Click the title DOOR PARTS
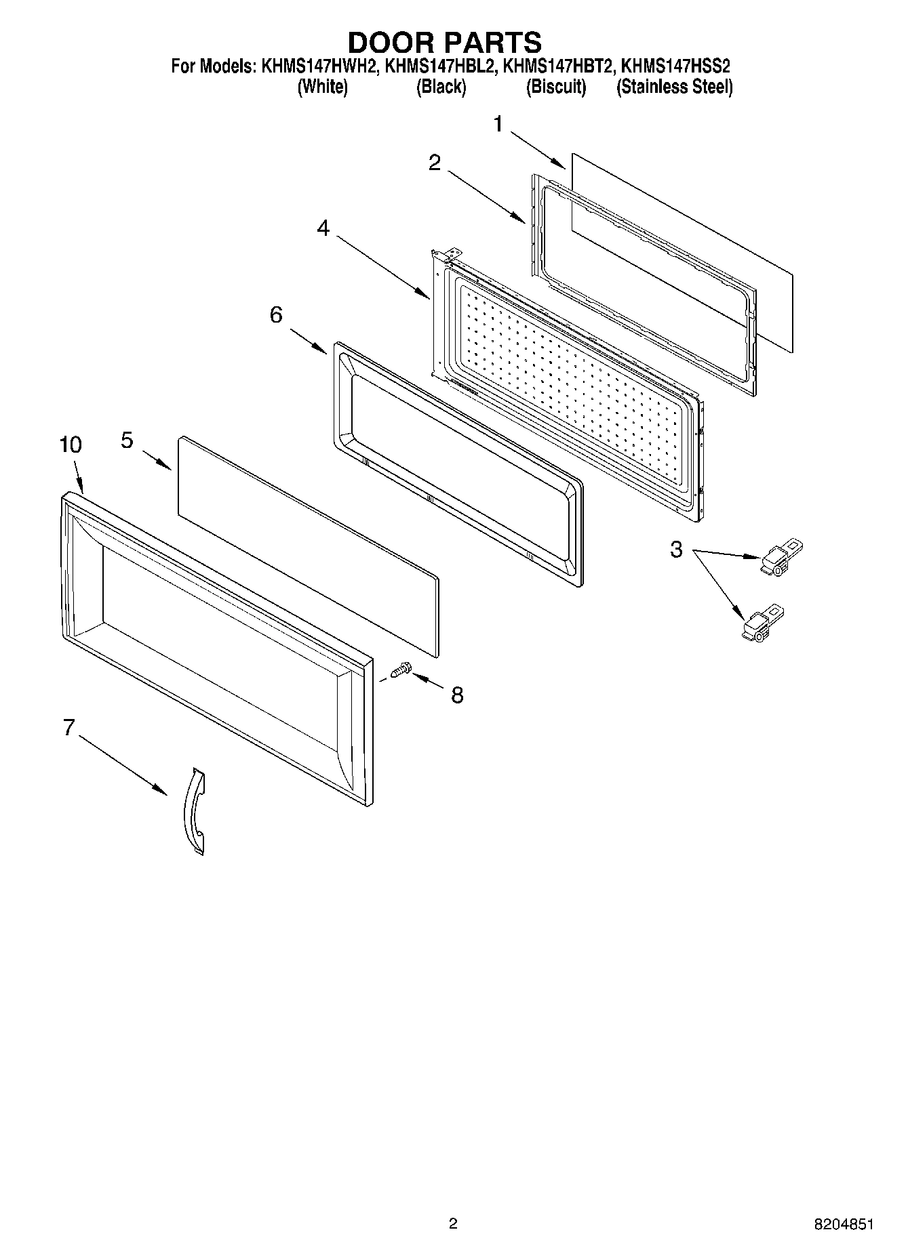tap(444, 42)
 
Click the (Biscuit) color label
tap(556, 87)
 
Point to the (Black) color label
tap(441, 87)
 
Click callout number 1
tap(498, 125)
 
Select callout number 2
tap(435, 162)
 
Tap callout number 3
tap(675, 550)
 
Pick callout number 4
tap(323, 229)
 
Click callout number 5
tap(127, 440)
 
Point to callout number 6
tap(276, 315)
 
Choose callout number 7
tap(68, 728)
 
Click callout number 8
tap(457, 695)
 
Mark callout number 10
tap(71, 445)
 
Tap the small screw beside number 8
tap(399, 670)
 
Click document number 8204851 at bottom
tap(844, 1224)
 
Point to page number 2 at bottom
tap(453, 1223)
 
